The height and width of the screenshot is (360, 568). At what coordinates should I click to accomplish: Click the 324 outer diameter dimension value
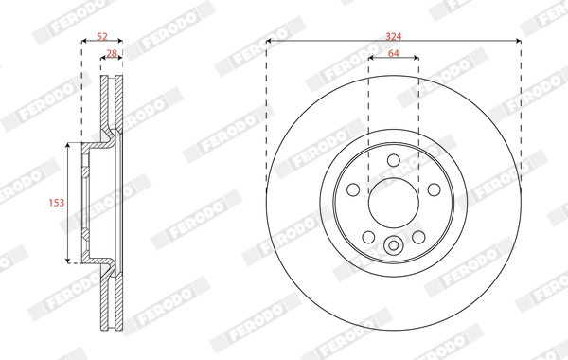pyautogui.click(x=392, y=34)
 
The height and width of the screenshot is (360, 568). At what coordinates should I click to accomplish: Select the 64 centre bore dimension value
pyautogui.click(x=392, y=52)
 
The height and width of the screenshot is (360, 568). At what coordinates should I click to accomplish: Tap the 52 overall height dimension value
pyautogui.click(x=102, y=36)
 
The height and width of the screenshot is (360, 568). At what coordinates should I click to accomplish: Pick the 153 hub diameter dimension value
pyautogui.click(x=55, y=203)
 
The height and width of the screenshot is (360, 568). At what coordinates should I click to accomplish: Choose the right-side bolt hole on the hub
pyautogui.click(x=431, y=189)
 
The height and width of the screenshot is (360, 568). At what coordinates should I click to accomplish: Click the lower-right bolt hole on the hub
pyautogui.click(x=417, y=235)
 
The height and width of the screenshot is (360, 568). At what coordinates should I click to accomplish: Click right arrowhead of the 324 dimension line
pyautogui.click(x=518, y=41)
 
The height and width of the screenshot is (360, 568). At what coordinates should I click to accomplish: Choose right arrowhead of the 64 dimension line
pyautogui.click(x=416, y=59)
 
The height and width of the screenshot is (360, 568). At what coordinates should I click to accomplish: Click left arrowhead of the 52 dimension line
pyautogui.click(x=84, y=42)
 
